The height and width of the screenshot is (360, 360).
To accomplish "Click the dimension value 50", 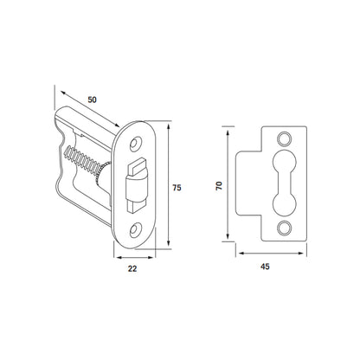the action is [93, 100].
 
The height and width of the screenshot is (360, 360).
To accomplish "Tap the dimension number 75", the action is [177, 188].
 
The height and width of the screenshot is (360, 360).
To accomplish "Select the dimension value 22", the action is [132, 268].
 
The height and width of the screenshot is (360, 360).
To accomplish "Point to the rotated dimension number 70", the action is [220, 185].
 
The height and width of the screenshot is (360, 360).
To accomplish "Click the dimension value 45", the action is [265, 267].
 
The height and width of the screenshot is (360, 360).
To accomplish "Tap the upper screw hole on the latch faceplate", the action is [134, 144].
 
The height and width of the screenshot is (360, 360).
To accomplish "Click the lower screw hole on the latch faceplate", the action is [134, 229].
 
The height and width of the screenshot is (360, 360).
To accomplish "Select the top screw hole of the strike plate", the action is [284, 138].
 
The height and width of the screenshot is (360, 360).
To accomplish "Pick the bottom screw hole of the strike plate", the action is [284, 228].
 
